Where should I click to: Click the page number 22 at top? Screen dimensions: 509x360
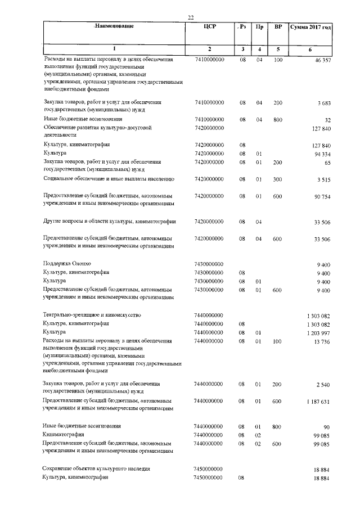191,17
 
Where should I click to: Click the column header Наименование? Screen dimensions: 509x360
115,27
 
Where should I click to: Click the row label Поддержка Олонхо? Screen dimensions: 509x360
66,263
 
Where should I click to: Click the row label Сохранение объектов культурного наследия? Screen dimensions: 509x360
96,469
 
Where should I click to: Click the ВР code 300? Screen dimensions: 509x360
277,179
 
